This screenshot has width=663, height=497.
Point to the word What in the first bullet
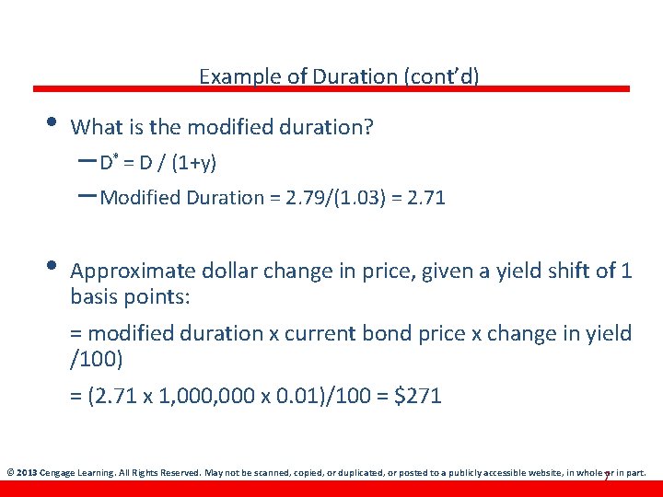pos(93,127)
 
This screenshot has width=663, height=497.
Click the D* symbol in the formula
pos(109,163)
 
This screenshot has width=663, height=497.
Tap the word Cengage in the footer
pos(59,473)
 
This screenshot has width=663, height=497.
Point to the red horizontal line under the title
pos(331,89)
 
